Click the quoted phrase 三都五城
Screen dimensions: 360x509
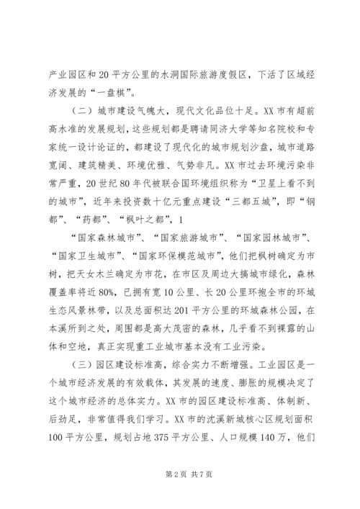[x=256, y=195]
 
